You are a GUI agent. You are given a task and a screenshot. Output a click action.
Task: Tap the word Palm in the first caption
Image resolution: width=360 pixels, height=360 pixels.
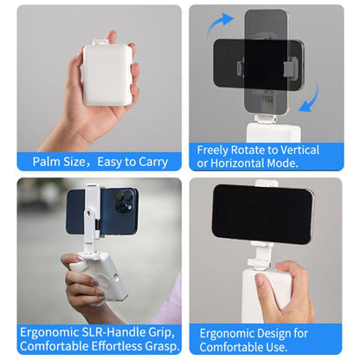(48, 161)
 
